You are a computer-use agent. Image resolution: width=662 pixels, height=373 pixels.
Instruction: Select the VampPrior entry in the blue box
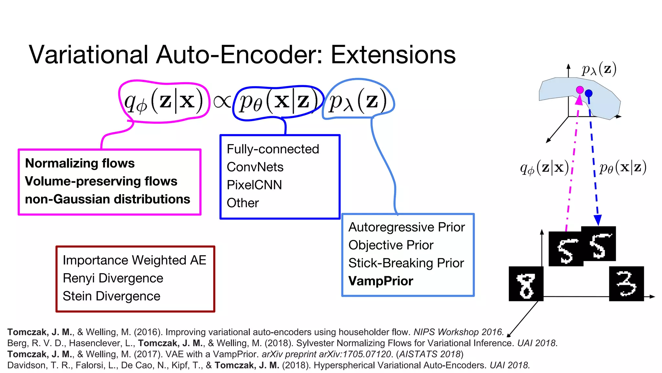click(380, 281)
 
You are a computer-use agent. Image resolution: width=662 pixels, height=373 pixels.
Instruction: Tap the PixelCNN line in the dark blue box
click(254, 185)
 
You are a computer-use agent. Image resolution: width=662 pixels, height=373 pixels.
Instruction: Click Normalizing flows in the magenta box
click(80, 163)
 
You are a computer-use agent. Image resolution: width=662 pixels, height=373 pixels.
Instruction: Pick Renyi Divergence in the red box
click(113, 278)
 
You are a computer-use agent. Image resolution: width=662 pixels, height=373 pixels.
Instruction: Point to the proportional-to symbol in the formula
click(222, 101)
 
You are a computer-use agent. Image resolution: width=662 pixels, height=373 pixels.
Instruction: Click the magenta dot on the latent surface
click(580, 90)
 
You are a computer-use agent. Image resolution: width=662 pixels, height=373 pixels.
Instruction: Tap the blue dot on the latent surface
click(589, 93)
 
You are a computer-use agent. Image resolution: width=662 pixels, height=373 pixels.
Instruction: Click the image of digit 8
click(526, 284)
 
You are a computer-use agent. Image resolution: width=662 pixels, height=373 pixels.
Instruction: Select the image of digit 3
click(626, 284)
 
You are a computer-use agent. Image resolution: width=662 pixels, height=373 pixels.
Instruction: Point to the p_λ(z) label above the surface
click(599, 69)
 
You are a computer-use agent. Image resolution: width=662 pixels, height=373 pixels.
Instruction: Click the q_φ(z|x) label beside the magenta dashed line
click(544, 168)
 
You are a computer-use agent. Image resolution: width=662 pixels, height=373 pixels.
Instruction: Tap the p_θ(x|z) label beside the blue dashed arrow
click(623, 168)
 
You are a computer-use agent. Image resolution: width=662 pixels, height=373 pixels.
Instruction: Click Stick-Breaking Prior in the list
click(406, 263)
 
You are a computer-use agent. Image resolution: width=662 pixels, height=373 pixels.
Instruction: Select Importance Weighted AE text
click(134, 260)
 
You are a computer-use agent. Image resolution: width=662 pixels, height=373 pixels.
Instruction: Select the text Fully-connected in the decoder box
click(272, 149)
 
